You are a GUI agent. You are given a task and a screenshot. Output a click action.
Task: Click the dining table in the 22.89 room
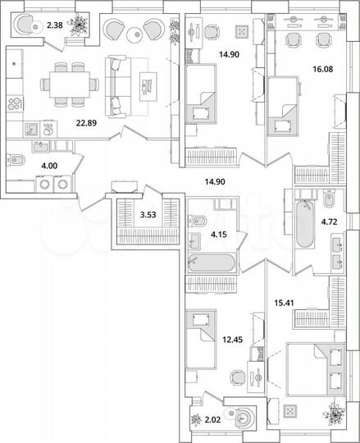point(70,80)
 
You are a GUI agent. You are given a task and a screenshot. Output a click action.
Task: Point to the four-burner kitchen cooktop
point(15,103)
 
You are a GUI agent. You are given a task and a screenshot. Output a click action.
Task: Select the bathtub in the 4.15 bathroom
point(212,264)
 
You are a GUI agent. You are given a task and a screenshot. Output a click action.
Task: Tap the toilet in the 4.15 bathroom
point(198,220)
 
